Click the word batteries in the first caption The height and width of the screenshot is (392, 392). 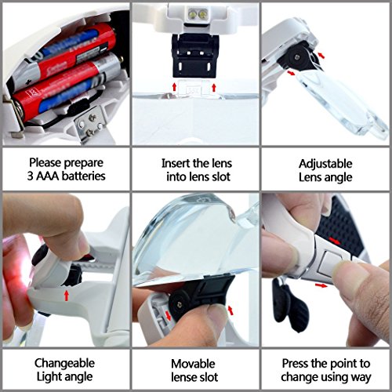pyautogui.click(x=84, y=176)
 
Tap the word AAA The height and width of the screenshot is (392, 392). pyautogui.click(x=48, y=176)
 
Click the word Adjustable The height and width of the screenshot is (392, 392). pyautogui.click(x=325, y=165)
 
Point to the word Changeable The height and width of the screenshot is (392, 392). pyautogui.click(x=64, y=364)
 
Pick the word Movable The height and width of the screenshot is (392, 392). pyautogui.click(x=193, y=364)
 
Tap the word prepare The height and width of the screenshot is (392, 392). pyautogui.click(x=84, y=163)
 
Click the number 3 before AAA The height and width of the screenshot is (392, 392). pyautogui.click(x=31, y=176)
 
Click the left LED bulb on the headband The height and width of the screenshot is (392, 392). pyautogui.click(x=193, y=13)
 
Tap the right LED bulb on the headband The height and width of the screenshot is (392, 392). pyautogui.click(x=203, y=14)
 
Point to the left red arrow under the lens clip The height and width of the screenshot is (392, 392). pyautogui.click(x=174, y=87)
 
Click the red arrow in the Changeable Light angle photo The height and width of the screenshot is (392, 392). pyautogui.click(x=67, y=296)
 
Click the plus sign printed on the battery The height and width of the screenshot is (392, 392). pyautogui.click(x=28, y=82)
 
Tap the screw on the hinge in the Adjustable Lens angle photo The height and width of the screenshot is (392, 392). pyautogui.click(x=297, y=56)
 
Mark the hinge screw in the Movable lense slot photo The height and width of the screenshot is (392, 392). pyautogui.click(x=179, y=304)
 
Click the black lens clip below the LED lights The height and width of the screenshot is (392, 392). pyautogui.click(x=194, y=56)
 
